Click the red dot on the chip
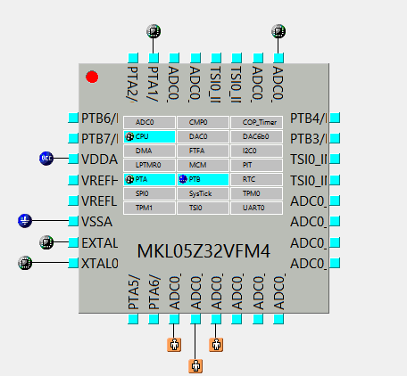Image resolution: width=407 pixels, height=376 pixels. pos(92,78)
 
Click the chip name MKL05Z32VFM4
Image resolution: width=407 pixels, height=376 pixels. pos(203,251)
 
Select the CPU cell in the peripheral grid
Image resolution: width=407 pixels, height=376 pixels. pos(149,136)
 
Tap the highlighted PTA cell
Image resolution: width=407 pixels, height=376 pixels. pos(149,179)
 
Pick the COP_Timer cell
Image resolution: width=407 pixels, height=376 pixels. pos(256,122)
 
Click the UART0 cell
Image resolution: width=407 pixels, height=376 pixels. pos(256,208)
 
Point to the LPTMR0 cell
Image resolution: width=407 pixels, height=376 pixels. pos(149,165)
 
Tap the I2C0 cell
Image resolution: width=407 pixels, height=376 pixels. pos(256,151)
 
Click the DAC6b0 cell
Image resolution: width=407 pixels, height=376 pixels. pos(256,136)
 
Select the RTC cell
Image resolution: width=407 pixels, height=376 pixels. pos(256,179)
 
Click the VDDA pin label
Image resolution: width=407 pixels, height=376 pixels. pos(99,159)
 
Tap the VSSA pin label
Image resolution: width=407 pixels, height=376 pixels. pos(99,221)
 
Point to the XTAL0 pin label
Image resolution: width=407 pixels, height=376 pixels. pos(99,263)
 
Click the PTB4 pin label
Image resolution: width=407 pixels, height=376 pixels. pos(309,118)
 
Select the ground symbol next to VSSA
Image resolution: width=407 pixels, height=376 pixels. pos(26,221)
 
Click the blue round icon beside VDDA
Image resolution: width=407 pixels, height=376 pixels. pos(47,159)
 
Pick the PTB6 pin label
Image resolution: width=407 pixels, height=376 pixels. pos(99,118)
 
